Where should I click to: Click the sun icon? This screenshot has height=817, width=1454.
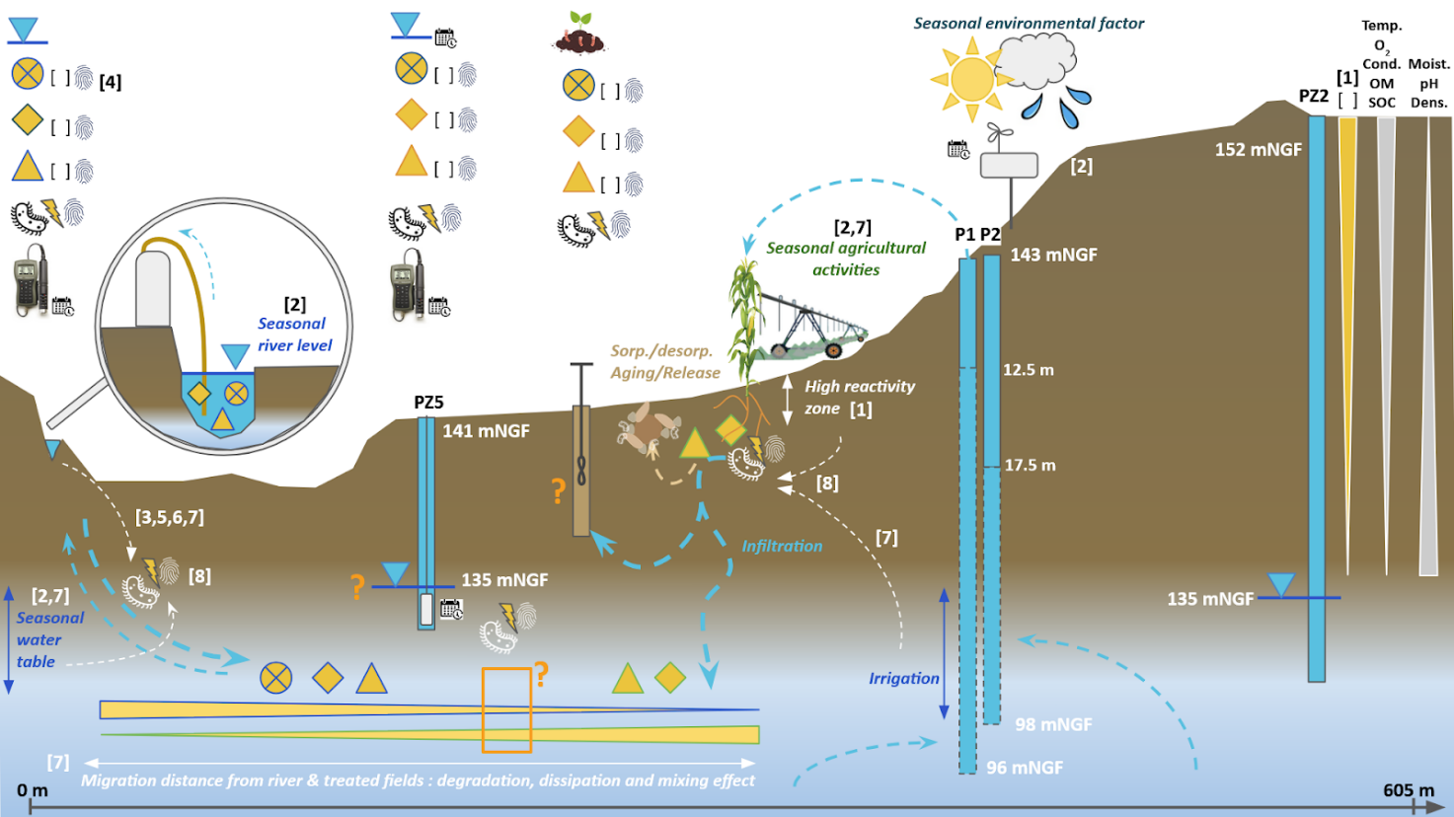971,79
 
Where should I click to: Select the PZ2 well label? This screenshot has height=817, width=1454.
1313,96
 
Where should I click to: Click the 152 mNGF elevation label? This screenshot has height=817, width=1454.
1258,150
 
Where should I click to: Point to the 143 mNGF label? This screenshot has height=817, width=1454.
1053,255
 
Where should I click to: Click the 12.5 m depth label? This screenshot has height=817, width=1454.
1029,370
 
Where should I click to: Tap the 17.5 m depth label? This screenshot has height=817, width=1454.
1030,465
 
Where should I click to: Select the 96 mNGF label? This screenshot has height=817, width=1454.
1025,768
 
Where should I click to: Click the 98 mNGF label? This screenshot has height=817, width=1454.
1053,724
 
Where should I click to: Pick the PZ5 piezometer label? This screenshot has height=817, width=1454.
428,403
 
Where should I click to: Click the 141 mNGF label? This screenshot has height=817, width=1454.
486,430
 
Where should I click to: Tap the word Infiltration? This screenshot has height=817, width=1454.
782,546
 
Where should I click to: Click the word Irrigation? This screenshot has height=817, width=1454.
903,678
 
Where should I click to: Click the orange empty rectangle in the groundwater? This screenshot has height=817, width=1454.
506,710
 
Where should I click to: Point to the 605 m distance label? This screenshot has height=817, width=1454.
1409,790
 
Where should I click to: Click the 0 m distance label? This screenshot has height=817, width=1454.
32,790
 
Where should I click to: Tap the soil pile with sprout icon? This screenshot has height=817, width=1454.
579,36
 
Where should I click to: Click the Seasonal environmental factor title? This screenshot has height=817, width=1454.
1029,23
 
